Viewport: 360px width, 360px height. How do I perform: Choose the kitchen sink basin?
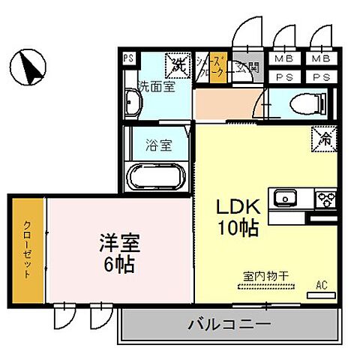tap(286, 199)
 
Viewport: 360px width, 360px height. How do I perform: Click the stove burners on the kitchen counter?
tap(326, 199)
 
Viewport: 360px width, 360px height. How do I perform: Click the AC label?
tap(322, 285)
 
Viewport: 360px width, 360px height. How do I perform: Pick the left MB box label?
tap(283, 58)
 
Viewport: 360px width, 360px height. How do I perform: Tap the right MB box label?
tap(321, 58)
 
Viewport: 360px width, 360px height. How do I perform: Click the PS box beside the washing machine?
tap(128, 58)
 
